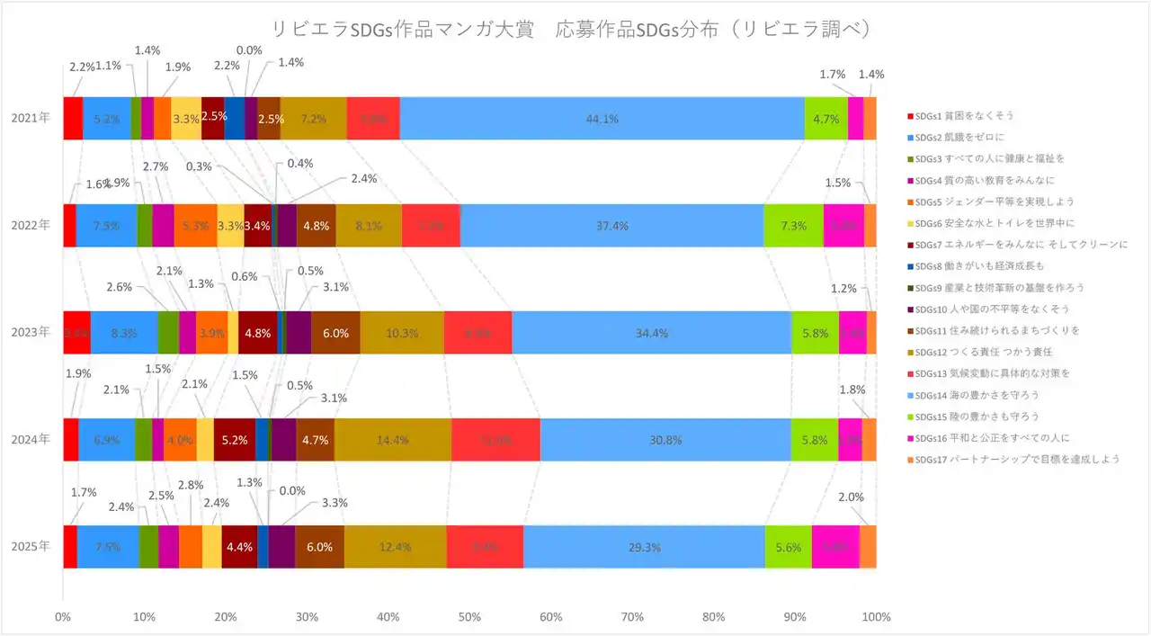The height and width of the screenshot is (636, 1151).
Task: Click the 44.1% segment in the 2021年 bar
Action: tap(602, 118)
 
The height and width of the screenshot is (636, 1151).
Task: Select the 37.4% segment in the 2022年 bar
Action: tap(611, 225)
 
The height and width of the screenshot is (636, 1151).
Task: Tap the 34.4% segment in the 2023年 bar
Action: tap(651, 332)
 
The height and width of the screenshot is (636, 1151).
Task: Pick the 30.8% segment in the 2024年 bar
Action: tap(665, 440)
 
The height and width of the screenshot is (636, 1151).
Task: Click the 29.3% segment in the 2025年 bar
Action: tap(644, 547)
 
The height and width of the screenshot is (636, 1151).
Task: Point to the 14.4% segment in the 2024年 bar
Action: tap(393, 440)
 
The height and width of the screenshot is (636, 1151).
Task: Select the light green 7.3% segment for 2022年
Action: tap(793, 225)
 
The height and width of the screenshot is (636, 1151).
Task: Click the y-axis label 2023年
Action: tap(31, 332)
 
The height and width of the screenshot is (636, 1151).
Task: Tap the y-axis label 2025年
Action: tap(31, 547)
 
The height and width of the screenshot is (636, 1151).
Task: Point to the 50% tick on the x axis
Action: tap(469, 617)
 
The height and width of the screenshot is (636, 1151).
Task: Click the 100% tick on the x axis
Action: tap(876, 617)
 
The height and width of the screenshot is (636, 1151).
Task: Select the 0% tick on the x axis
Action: tap(63, 617)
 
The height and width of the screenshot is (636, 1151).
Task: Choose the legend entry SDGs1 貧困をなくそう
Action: tap(968, 116)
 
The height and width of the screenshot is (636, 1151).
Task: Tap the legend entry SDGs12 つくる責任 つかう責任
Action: tap(981, 352)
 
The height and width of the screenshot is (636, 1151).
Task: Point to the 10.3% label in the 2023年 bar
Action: tap(401, 333)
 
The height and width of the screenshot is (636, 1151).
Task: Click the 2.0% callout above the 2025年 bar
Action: tap(851, 497)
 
